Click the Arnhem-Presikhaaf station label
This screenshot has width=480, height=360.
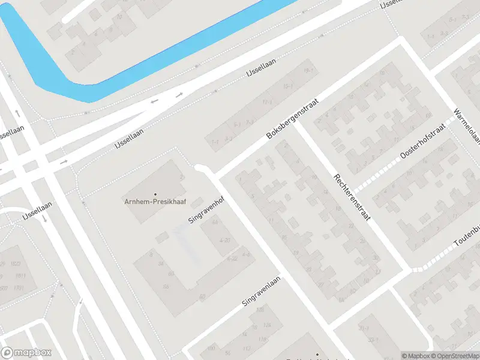click(x=155, y=202)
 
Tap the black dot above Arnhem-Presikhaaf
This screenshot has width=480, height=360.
click(x=155, y=194)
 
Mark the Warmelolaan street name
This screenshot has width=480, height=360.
click(x=467, y=127)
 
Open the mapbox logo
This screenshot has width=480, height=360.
click(x=26, y=353)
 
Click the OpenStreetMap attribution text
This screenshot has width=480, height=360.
click(x=455, y=356)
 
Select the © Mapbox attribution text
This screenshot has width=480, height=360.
click(x=415, y=356)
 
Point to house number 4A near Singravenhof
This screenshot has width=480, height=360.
click(x=215, y=223)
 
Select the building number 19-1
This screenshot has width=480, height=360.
click(x=308, y=71)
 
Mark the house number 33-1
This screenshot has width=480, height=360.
click(x=373, y=340)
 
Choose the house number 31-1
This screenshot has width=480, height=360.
click(x=364, y=328)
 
